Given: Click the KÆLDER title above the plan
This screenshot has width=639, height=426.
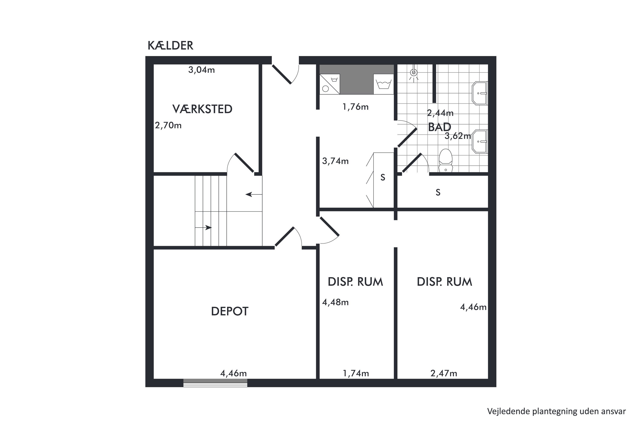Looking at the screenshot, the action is coord(170,46).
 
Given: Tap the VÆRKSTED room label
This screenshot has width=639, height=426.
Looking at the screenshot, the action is coord(202,109).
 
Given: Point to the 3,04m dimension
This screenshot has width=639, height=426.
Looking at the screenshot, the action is coord(201,70).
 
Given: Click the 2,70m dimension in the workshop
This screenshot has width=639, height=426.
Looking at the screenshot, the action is coord(168,125).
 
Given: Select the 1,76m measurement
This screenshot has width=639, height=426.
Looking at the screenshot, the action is coord(355,107).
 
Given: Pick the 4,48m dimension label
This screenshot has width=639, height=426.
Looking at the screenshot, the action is coord(335,302).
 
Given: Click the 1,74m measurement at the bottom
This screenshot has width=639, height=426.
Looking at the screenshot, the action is coord(356,374).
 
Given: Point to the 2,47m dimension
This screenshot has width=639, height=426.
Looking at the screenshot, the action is coord(444,374).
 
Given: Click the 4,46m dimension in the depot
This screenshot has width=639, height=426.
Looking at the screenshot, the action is coord(233,374).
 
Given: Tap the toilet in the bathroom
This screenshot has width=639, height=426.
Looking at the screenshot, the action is coord(446,161).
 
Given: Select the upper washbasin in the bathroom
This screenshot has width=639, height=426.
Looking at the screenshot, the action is coord(480,93).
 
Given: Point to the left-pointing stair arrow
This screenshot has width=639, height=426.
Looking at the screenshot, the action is coord(254,194).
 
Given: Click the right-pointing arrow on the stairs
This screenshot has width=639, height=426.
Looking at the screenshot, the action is coord(203,228).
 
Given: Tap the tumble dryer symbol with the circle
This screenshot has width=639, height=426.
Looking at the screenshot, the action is coord(330,84).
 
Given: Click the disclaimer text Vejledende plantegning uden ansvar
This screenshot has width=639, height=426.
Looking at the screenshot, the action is coord(556,411).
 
